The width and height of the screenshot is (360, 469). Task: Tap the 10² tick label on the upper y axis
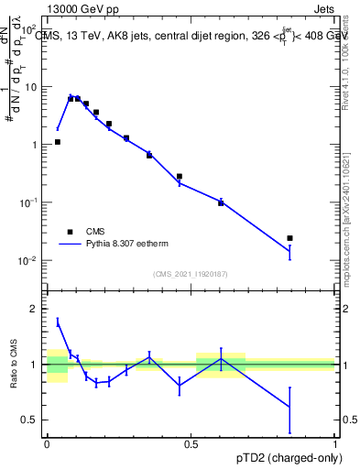29,27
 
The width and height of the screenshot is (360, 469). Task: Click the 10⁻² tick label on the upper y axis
29,260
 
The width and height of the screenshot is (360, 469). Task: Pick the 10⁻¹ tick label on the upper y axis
29,202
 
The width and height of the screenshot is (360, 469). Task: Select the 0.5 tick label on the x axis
191,443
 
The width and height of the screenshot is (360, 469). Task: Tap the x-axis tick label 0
47,443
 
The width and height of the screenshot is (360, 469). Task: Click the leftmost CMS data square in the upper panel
58,142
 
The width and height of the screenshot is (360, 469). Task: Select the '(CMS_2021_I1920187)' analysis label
191,273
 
